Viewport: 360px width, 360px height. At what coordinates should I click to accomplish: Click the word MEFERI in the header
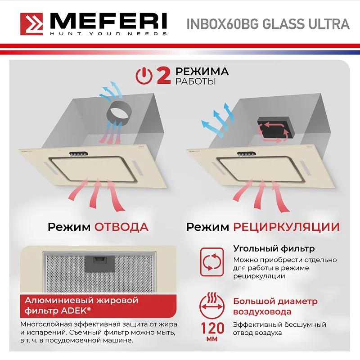(x=108, y=21)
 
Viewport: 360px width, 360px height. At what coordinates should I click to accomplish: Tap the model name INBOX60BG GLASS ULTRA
(x=268, y=24)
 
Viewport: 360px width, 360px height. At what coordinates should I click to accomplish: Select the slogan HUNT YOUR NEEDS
(x=108, y=34)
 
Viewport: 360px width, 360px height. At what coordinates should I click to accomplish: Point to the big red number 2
(x=163, y=76)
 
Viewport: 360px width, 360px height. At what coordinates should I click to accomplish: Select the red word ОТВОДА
(x=121, y=226)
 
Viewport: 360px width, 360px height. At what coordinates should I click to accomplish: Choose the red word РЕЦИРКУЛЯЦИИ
(x=286, y=226)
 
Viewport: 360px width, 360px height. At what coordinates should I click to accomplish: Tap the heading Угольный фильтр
(x=274, y=249)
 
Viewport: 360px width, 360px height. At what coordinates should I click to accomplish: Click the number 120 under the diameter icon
(x=211, y=327)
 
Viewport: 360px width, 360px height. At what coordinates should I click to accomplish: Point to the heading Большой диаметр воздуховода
(x=275, y=306)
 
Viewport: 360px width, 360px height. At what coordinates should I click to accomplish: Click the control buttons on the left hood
(x=77, y=155)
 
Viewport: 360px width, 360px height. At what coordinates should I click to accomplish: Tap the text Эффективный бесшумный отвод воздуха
(x=279, y=328)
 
